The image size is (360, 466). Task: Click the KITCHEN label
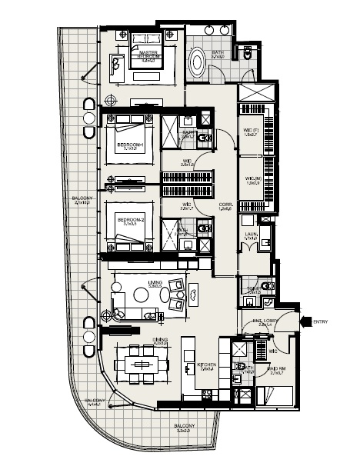tap(206, 366)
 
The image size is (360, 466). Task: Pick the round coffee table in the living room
tap(142, 295)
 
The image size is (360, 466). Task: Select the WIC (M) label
tap(251, 181)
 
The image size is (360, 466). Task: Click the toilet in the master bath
tap(245, 55)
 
